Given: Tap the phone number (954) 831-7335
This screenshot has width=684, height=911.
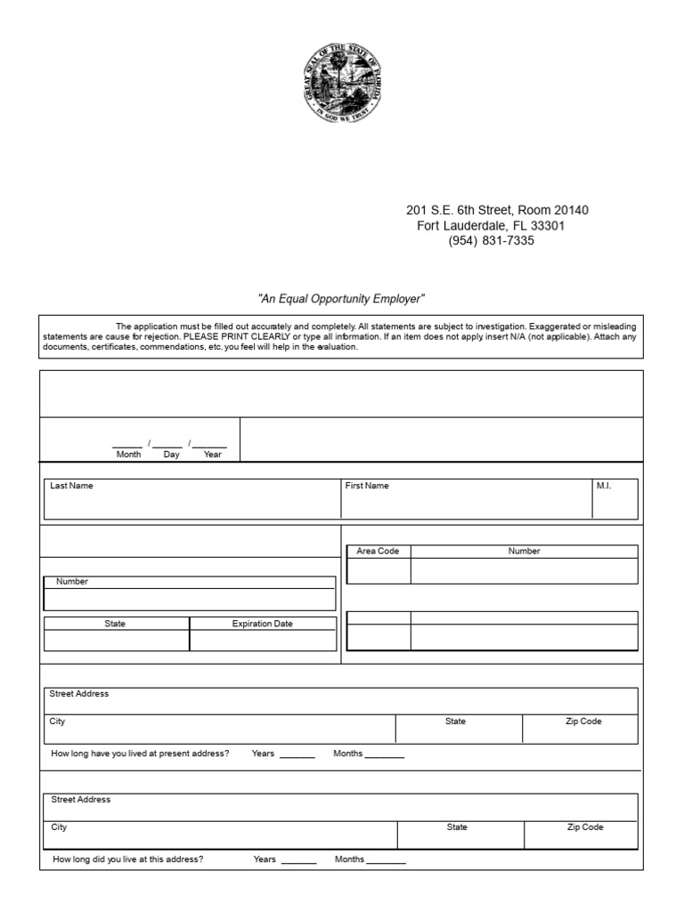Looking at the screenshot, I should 491,241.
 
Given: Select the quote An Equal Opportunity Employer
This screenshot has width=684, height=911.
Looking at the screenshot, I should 342,298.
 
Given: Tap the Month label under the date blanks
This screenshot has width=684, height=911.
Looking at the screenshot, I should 128,455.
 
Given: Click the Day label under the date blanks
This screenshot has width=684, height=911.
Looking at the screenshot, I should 171,455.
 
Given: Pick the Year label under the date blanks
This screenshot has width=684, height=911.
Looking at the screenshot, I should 212,455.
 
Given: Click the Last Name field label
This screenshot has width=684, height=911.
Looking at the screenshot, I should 71,486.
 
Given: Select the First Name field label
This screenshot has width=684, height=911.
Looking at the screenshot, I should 367,486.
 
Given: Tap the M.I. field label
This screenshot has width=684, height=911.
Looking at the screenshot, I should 604,486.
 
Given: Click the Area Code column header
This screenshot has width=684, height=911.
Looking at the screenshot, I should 378,552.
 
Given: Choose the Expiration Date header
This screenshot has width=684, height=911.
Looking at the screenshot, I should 262,624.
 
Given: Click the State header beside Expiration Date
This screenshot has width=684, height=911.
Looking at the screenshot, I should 115,624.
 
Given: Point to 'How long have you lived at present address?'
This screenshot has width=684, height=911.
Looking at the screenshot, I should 140,754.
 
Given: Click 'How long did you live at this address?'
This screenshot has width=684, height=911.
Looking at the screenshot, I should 128,859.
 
